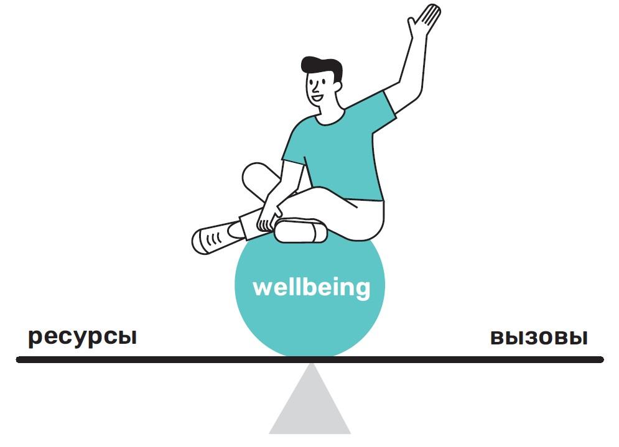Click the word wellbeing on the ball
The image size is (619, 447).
tap(311, 288)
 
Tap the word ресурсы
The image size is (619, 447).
tap(82, 338)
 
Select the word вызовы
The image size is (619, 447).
tap(539, 338)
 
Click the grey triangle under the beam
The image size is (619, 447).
tap(310, 407)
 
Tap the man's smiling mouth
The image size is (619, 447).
tap(317, 96)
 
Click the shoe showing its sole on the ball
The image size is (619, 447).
tap(300, 231)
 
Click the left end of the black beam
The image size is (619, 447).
tap(20, 359)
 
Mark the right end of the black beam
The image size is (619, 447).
tap(600, 359)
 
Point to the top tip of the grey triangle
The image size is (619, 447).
tap(310, 365)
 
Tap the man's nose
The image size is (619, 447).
tap(311, 86)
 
